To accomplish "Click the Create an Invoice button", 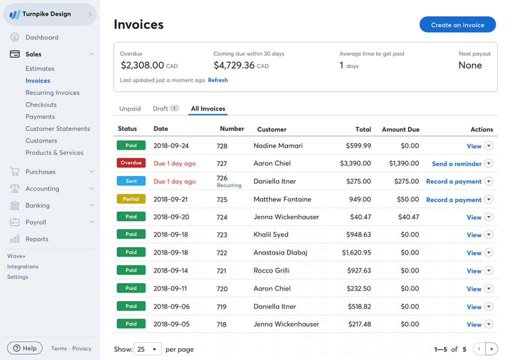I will (457, 24).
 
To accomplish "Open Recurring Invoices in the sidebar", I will (52, 92).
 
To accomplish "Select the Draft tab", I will (160, 108).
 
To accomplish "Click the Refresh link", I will (217, 80).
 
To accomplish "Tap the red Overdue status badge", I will (131, 163).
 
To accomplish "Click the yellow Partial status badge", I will (131, 199).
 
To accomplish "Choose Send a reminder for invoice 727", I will (456, 163).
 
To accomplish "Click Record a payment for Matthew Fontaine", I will (453, 199).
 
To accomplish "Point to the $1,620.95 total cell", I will (356, 252).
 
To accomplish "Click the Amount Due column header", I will (400, 129).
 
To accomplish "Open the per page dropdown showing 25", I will (148, 349).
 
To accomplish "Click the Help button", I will (24, 348).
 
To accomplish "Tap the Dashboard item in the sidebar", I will (41, 37).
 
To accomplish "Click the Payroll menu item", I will (35, 222).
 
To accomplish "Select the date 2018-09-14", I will (171, 270).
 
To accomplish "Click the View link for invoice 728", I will (473, 146).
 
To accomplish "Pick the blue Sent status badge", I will (131, 181).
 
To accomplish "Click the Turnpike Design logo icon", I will (15, 14).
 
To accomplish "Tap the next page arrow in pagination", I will (491, 349).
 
